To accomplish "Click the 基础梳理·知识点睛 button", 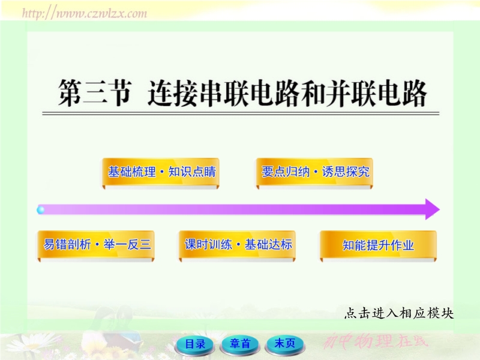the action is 161,172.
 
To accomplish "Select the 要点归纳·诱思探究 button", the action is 314,172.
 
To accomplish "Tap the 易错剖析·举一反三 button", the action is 96,245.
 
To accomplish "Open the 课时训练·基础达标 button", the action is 237,245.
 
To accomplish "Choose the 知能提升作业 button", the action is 379,245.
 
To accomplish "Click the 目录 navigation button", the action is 194,344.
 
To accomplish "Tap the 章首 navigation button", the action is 240,344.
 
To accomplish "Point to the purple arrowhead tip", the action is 440,209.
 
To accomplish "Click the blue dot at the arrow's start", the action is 40,210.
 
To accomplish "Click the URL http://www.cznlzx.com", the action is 85,13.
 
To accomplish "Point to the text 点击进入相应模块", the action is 398,313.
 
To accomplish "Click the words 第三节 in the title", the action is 95,94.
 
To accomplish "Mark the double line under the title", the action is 241,113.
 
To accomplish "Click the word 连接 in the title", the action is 172,94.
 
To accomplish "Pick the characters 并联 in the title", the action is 351,94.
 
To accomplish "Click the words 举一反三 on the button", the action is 127,244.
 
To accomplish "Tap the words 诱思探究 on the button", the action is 346,172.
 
